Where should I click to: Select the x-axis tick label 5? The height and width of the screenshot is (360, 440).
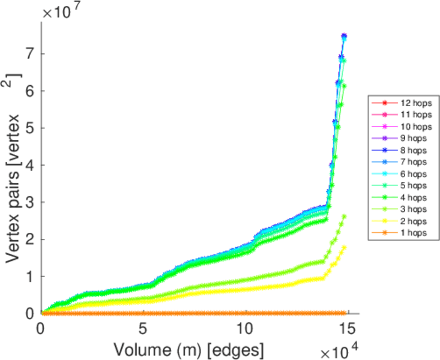(143, 329)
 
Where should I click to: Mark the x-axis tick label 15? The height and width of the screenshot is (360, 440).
(346, 329)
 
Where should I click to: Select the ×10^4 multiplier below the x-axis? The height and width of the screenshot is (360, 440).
(340, 349)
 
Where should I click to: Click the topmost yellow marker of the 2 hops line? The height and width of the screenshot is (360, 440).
(344, 247)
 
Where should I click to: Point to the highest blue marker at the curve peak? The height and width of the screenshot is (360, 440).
(344, 36)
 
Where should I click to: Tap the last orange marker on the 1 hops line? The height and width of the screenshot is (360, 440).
(345, 313)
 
